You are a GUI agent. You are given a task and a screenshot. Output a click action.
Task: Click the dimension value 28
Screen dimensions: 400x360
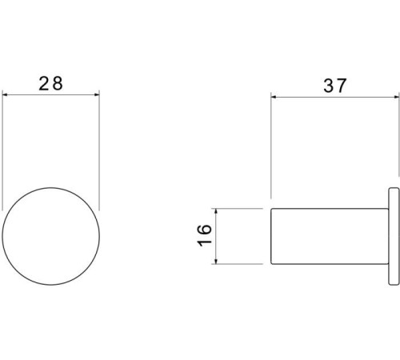pyautogui.click(x=50, y=83)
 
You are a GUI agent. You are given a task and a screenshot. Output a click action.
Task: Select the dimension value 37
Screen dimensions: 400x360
pyautogui.click(x=335, y=86)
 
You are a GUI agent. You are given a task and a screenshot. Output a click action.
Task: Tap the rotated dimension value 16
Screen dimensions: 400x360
pyautogui.click(x=204, y=236)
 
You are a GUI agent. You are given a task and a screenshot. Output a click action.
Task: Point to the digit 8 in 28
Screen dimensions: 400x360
pyautogui.click(x=58, y=83)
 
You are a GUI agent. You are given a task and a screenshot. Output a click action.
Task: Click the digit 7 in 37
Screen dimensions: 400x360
pyautogui.click(x=342, y=86)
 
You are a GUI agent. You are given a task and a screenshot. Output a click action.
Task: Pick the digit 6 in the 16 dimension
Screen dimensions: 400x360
pyautogui.click(x=204, y=230)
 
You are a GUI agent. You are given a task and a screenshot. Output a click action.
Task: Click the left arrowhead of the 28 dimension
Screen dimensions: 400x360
pyautogui.click(x=6, y=94)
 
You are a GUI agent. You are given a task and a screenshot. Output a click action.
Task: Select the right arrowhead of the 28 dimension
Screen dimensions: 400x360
pyautogui.click(x=96, y=94)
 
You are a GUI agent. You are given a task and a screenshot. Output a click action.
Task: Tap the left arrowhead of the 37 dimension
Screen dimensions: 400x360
pyautogui.click(x=274, y=97)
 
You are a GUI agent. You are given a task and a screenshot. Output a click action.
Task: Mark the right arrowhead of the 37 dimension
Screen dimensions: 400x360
pyautogui.click(x=396, y=97)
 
